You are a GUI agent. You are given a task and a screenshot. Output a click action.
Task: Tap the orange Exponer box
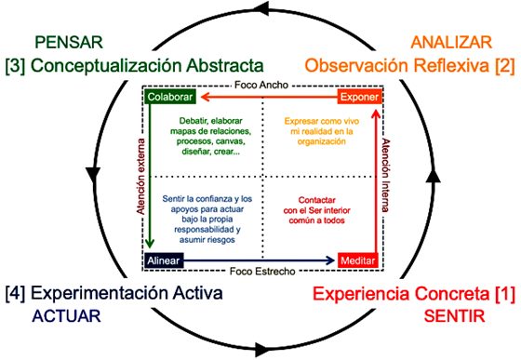click(x=358, y=98)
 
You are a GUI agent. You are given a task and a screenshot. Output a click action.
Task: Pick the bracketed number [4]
click(x=18, y=294)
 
